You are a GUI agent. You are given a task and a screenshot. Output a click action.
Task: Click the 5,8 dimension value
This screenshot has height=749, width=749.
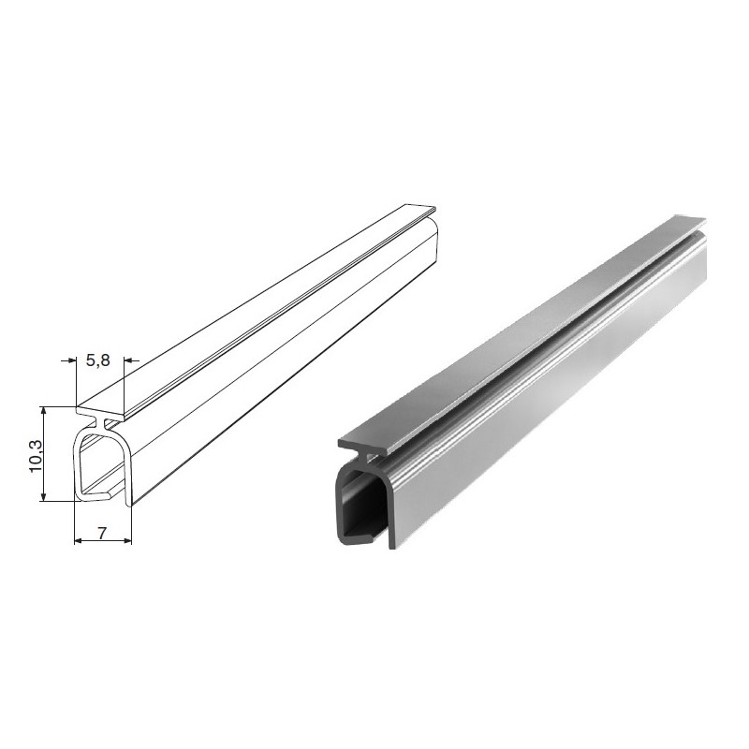(98, 360)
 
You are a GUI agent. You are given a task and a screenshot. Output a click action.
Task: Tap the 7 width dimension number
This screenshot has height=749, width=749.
(102, 533)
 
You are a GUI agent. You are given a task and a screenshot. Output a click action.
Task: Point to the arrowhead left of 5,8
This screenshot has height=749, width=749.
(72, 360)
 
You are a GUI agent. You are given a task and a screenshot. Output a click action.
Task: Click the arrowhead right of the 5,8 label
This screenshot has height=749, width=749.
(129, 360)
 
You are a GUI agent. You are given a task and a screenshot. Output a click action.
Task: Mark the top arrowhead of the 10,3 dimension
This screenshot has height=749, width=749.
(43, 412)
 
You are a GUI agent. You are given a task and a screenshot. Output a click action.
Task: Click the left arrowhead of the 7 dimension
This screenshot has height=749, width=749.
(80, 541)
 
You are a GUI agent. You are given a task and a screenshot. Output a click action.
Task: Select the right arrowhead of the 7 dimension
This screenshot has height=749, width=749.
(126, 541)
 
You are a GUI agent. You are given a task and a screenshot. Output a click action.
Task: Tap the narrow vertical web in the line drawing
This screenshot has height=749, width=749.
(101, 423)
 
